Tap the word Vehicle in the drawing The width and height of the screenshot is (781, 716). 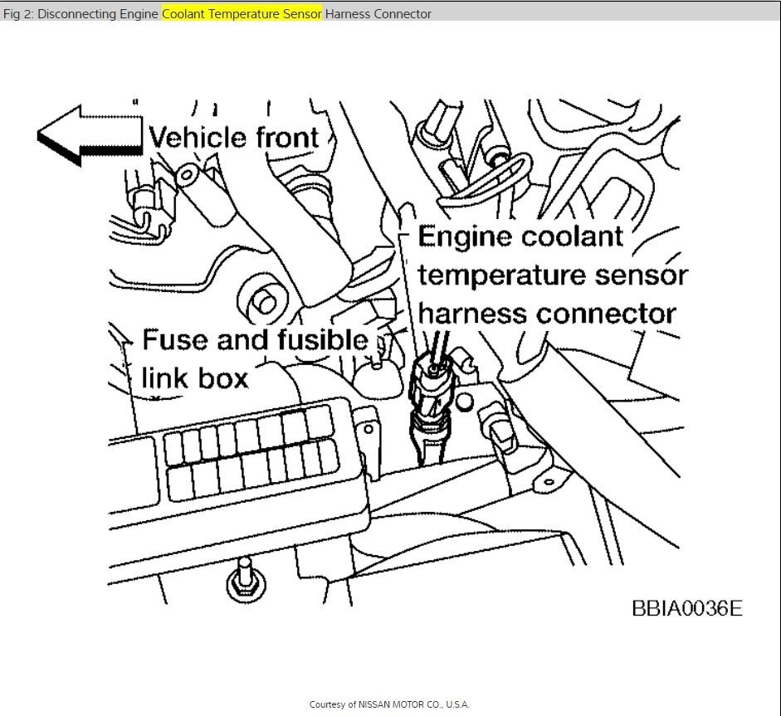tap(197, 137)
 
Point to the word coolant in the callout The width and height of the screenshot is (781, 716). tap(571, 236)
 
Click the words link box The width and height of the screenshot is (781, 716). tap(195, 377)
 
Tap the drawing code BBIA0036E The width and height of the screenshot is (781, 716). tap(686, 608)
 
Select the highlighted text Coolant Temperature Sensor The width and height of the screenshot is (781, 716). tap(242, 14)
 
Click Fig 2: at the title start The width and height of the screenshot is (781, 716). tap(18, 14)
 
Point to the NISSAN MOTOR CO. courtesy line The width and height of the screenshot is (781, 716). tap(389, 704)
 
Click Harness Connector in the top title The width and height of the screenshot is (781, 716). tap(378, 14)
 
